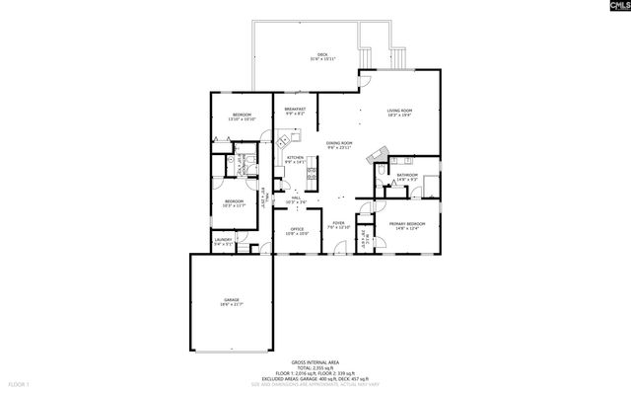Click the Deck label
tap(322, 54)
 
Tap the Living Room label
tap(399, 112)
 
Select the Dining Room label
tap(339, 144)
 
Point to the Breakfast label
tap(295, 110)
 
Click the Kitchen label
tap(295, 158)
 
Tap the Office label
tap(297, 231)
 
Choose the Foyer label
tap(338, 224)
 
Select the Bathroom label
tap(407, 176)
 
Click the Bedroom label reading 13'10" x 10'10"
tap(242, 117)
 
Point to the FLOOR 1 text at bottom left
tap(20, 383)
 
